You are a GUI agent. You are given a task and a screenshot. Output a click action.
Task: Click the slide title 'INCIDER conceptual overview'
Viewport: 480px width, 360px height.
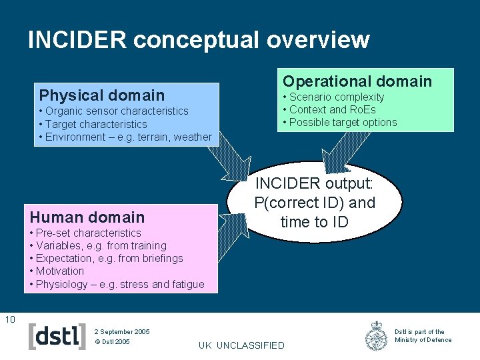199,40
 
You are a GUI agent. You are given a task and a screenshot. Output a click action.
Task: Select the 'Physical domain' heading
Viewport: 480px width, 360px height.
101,95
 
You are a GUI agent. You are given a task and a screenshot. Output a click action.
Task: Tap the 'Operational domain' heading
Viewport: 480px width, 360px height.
357,81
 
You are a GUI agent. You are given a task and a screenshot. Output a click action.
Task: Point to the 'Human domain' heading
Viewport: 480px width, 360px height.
87,217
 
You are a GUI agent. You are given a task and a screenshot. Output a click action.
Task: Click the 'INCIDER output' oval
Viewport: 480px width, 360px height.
315,202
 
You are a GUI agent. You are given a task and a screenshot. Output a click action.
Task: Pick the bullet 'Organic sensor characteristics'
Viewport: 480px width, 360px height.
113,111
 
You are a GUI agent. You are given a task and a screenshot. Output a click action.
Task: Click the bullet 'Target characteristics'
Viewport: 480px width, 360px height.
93,124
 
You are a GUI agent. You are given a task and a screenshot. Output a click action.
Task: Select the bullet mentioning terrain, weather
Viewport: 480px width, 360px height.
125,137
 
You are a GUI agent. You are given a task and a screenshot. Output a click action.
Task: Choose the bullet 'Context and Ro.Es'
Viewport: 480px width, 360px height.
329,109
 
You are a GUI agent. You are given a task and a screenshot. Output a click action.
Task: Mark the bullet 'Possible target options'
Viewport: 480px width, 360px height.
340,122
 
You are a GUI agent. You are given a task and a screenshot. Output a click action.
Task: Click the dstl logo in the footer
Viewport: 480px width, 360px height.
57,336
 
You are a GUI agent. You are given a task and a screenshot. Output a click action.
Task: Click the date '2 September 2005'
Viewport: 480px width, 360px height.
122,331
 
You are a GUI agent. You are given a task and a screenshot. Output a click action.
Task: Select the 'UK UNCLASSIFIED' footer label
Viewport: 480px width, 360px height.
241,345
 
